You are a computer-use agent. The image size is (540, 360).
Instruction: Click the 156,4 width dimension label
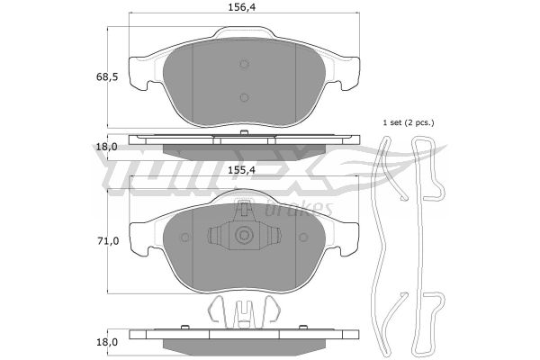(242, 7)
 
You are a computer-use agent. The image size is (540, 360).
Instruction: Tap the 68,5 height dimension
(107, 76)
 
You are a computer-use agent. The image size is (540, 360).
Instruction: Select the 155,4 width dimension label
(242, 170)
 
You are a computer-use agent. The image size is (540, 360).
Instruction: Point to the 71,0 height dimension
(108, 241)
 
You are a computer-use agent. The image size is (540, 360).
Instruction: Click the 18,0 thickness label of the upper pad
(107, 147)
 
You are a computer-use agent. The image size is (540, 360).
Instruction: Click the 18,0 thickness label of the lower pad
(107, 342)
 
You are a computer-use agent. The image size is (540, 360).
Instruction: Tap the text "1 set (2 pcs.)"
(409, 122)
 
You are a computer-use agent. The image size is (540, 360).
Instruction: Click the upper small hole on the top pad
(244, 64)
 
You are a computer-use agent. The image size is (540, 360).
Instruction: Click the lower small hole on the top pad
(244, 98)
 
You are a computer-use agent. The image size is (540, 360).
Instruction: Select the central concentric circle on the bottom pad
(244, 236)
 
